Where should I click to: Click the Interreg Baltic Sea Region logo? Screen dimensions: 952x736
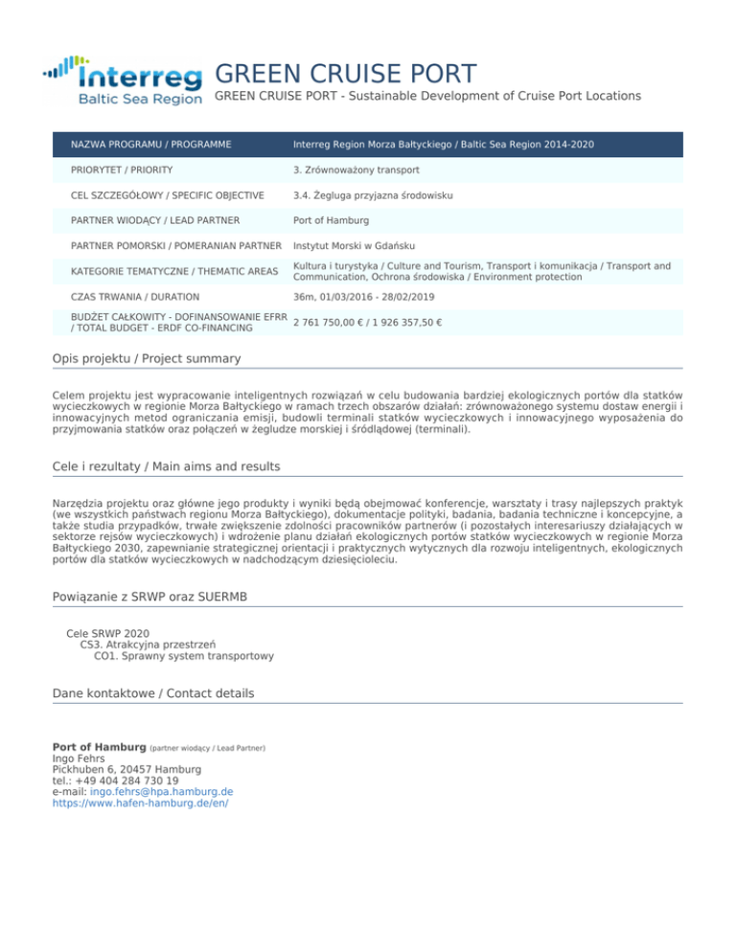coord(123,81)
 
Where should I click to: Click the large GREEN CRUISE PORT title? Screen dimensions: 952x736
coord(345,73)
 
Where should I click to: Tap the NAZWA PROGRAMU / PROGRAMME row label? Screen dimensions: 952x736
coord(151,144)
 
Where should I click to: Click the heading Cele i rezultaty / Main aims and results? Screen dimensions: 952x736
coord(167,466)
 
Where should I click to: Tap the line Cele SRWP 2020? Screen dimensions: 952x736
coord(107,633)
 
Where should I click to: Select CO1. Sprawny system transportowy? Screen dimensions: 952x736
coord(184,656)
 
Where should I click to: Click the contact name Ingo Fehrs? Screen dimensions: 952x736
coord(79,758)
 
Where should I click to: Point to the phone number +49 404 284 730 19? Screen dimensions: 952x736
coord(124,781)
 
